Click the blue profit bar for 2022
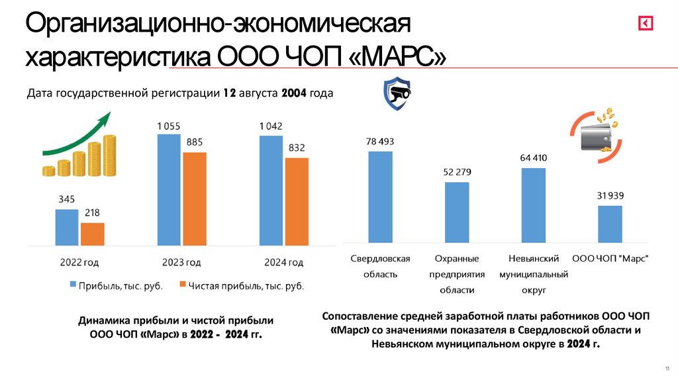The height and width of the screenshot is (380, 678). coord(66,227)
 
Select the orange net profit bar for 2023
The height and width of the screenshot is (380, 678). coord(194,199)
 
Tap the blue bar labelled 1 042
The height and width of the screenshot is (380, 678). coord(270,191)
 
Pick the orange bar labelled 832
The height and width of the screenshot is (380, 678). coord(296,201)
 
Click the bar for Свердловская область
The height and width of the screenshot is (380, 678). coord(380,197)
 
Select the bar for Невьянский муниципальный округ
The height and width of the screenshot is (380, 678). coord(533,205)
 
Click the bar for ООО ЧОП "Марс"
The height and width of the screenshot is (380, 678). coord(610,224)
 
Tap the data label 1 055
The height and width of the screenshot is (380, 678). coord(169,126)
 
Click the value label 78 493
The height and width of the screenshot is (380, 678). coord(380,142)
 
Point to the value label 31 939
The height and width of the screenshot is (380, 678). coord(610,195)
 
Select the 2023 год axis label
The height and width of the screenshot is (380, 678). coord(181,262)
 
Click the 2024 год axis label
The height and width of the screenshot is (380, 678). coord(284,262)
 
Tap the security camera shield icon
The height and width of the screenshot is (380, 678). coord(397,94)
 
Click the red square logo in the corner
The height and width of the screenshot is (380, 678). coord(646,24)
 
